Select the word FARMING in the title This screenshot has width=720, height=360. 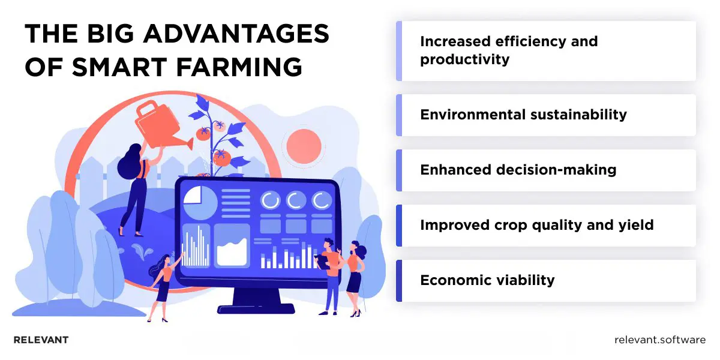(242, 67)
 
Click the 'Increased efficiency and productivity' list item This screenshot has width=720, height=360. (509, 50)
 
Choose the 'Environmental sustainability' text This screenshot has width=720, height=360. (523, 115)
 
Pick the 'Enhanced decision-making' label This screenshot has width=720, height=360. (518, 170)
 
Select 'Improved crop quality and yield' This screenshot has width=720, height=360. (536, 225)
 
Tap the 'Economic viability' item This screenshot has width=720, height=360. (487, 280)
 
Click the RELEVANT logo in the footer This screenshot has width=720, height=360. (41, 340)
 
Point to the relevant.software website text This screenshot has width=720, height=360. (660, 340)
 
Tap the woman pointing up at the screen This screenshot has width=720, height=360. (163, 285)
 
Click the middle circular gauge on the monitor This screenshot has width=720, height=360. (296, 200)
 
